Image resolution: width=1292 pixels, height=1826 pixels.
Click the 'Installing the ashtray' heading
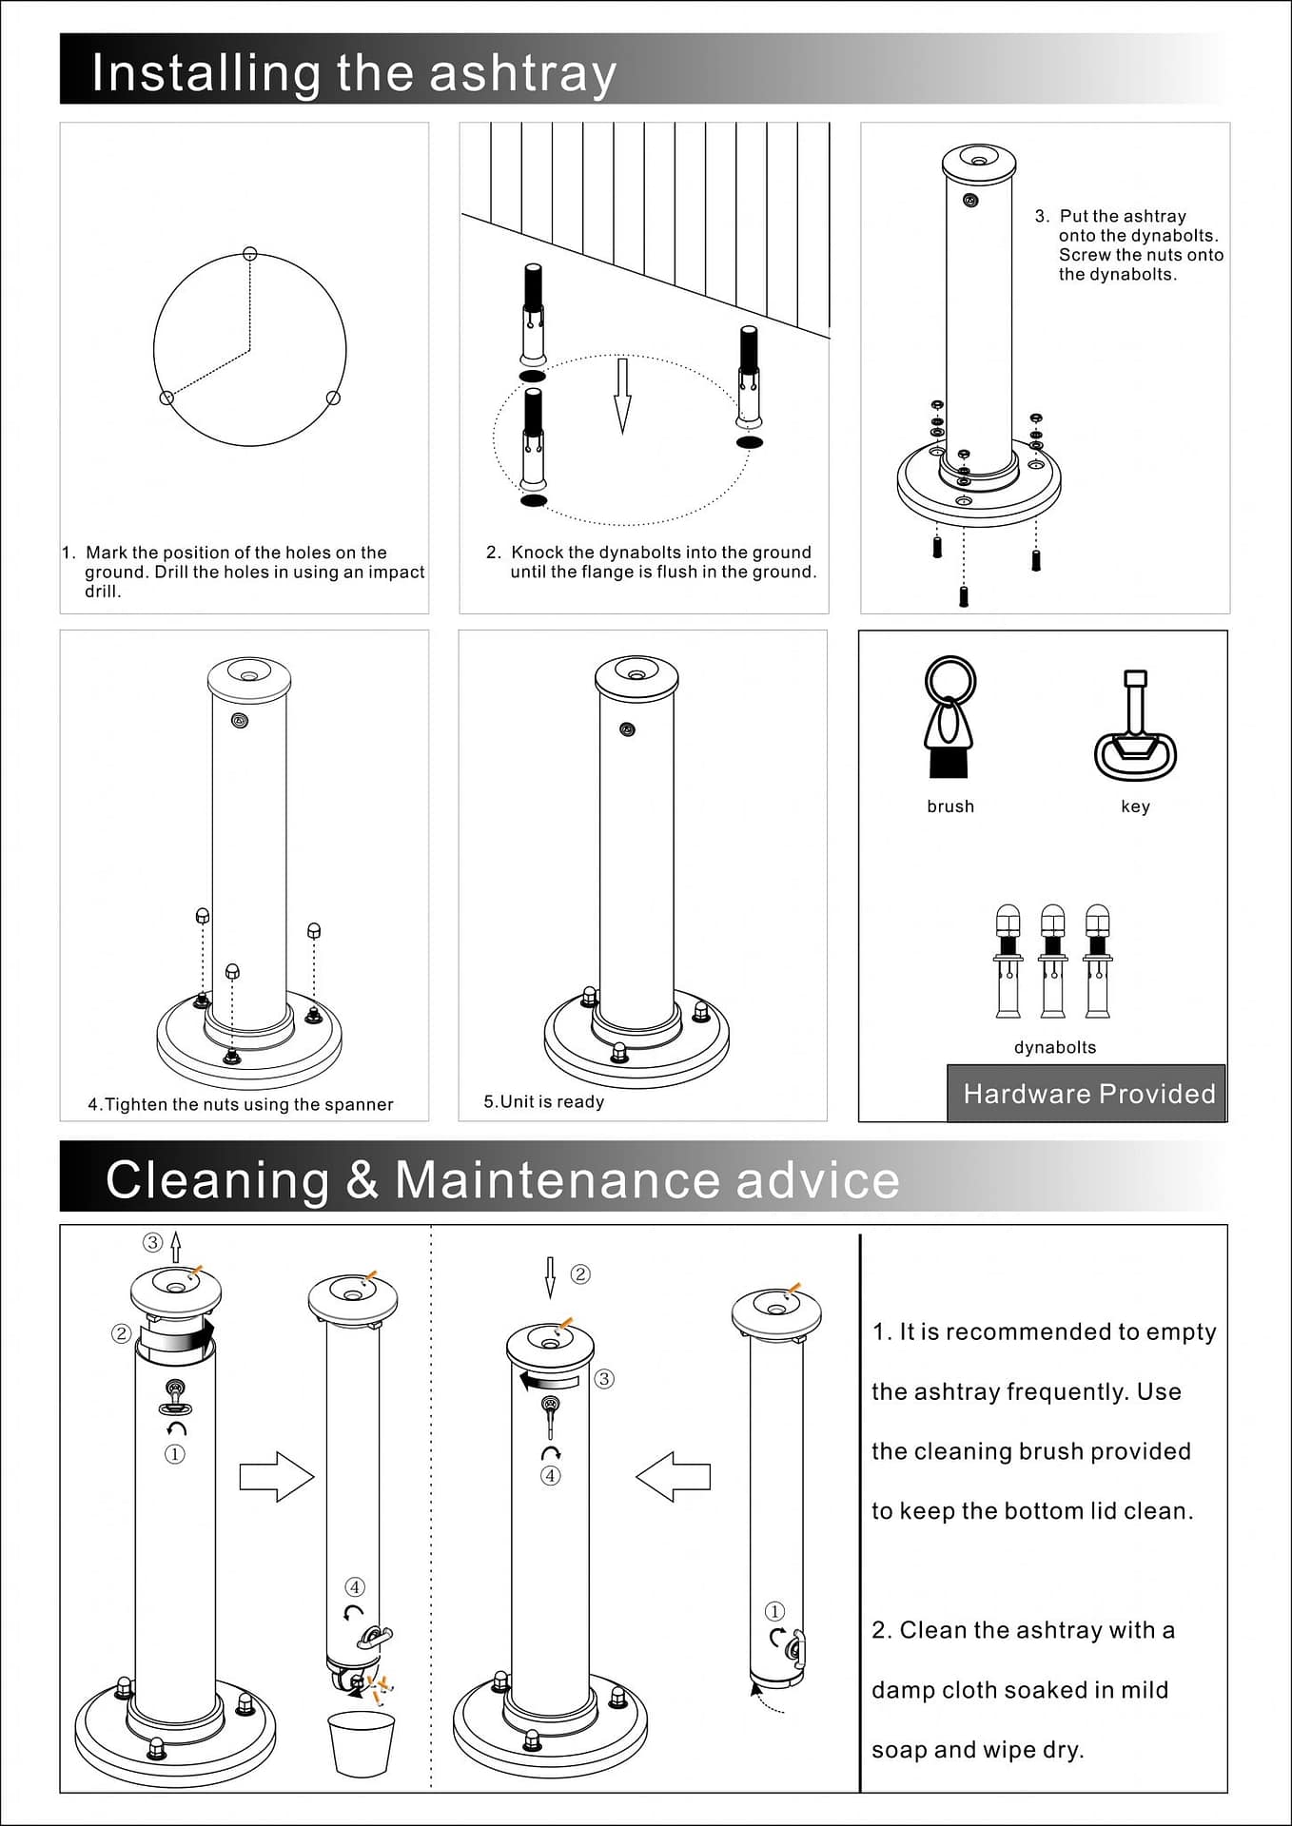[x=354, y=73]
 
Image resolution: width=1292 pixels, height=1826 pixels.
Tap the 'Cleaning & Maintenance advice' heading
[x=502, y=1179]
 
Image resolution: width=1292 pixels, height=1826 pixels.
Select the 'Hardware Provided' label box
[x=1086, y=1094]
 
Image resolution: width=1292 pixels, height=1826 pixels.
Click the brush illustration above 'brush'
[x=949, y=719]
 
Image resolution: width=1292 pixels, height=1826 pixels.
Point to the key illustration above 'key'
[x=1135, y=728]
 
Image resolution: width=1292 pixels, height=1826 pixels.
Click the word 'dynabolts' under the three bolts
[x=1055, y=1047]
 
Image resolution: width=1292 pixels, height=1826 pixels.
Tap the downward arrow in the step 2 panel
[x=622, y=396]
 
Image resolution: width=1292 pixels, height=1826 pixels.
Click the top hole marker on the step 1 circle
[x=250, y=253]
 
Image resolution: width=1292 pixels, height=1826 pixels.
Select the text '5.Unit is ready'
[x=544, y=1101]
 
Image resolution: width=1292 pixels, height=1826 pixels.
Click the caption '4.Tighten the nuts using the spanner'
[x=241, y=1104]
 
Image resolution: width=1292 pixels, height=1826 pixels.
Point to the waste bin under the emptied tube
[x=360, y=1744]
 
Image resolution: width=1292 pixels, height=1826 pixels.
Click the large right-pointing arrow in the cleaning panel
[x=276, y=1477]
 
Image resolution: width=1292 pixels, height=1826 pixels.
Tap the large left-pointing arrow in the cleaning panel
[x=673, y=1477]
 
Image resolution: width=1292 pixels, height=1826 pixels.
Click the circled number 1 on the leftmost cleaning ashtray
[x=175, y=1454]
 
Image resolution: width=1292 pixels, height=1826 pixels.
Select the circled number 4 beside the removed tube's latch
[x=355, y=1586]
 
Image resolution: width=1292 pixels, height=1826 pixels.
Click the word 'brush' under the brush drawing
[x=950, y=806]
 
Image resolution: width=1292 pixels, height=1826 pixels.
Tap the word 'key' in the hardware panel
[x=1135, y=806]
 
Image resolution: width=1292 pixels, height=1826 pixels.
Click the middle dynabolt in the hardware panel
[x=1052, y=961]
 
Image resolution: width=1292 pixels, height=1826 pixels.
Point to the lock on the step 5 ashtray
[x=627, y=729]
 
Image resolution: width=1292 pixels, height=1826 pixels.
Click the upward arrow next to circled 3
[x=175, y=1248]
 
